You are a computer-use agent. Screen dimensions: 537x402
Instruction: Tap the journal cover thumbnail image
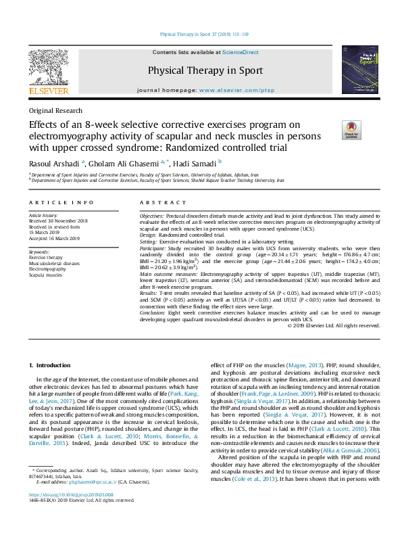(x=355, y=69)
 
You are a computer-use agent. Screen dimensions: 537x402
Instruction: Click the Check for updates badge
(x=352, y=129)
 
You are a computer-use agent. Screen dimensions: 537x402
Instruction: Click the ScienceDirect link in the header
(x=241, y=52)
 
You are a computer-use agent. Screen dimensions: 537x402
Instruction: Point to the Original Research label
(x=55, y=111)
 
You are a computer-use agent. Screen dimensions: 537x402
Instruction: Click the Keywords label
(x=39, y=252)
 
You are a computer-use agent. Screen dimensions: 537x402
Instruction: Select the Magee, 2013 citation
(x=300, y=365)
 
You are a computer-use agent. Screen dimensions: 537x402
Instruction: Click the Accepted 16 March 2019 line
(x=54, y=238)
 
